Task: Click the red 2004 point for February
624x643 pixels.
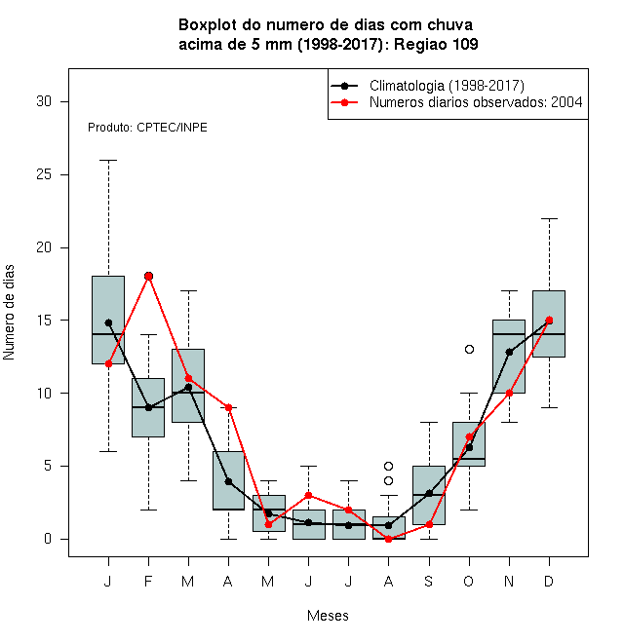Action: (148, 276)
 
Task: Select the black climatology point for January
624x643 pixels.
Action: (108, 322)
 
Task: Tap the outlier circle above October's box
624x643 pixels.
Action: (469, 349)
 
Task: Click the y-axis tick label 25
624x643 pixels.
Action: (44, 174)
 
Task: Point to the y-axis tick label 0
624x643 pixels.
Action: (48, 539)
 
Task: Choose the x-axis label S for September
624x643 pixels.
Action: (428, 581)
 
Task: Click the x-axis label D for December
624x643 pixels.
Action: (549, 581)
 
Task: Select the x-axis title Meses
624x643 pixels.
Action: (328, 615)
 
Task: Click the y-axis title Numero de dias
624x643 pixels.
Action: (9, 312)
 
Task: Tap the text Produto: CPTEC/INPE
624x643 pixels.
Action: (147, 128)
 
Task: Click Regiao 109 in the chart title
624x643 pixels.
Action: (436, 44)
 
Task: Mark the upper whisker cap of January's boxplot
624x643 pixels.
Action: (108, 161)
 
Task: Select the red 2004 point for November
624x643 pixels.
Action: (509, 393)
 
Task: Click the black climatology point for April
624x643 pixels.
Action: (229, 481)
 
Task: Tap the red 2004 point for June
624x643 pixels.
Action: (309, 495)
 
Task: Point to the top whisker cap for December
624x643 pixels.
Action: (549, 218)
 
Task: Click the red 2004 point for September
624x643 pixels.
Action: (429, 524)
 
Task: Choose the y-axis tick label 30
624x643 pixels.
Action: (44, 101)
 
